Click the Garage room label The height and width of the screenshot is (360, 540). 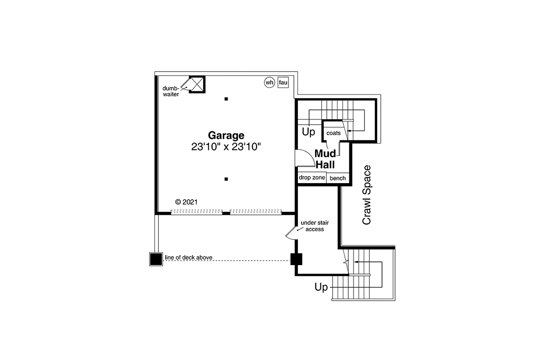[226, 135]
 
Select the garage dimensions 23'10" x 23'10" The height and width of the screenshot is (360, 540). [226, 147]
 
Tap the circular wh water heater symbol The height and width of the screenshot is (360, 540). [269, 82]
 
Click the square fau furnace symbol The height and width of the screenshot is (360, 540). [283, 82]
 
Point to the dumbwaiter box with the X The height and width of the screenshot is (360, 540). [197, 85]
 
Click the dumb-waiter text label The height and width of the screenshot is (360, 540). [171, 91]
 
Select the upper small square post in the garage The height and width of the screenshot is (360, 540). [226, 99]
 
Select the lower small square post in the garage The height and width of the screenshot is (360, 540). [226, 179]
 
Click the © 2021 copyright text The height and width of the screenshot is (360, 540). [186, 202]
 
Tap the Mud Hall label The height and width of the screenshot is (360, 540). [325, 159]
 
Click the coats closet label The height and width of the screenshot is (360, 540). [333, 133]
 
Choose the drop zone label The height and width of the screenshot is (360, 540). [312, 178]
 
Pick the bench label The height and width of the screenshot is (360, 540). [338, 178]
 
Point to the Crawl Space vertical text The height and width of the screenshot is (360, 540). [366, 195]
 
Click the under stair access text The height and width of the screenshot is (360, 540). [315, 226]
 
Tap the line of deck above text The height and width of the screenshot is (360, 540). [189, 257]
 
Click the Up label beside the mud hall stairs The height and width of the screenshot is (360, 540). [309, 132]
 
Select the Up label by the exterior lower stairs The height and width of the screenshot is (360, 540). [321, 287]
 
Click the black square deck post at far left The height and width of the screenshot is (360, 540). [156, 259]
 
